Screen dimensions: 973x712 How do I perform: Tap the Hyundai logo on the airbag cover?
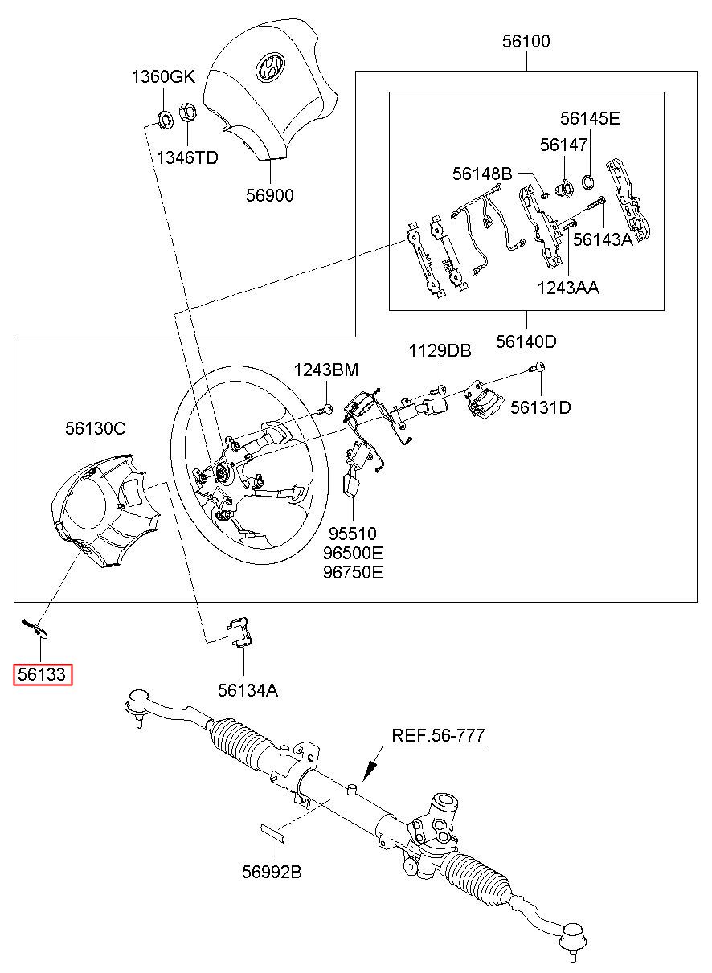pos(268,67)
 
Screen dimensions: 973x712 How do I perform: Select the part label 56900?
pos(270,195)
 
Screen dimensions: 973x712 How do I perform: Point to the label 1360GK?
pos(163,77)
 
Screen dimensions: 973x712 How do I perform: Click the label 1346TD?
pos(187,157)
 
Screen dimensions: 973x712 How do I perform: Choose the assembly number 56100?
pos(526,42)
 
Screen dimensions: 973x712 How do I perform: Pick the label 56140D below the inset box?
pos(526,341)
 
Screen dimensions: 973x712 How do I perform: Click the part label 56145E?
pos(590,119)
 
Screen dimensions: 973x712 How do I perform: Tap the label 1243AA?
pos(569,287)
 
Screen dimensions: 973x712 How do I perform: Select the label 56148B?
pos(481,173)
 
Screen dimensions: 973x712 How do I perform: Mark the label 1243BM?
pos(325,370)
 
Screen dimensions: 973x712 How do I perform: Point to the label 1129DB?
pos(440,351)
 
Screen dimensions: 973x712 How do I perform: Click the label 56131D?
pos(541,407)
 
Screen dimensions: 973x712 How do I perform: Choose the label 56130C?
pos(95,429)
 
